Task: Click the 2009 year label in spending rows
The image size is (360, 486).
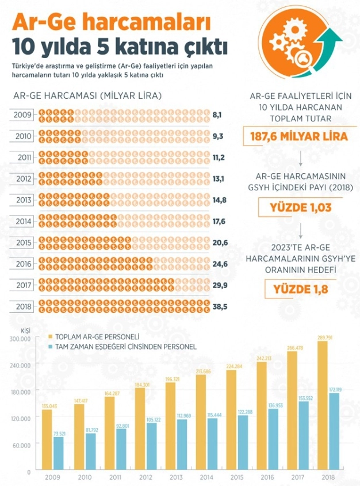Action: click(23, 115)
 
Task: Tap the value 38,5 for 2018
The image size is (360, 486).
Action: click(220, 307)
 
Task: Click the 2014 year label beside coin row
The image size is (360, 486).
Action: click(23, 221)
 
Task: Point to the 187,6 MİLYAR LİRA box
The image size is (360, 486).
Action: click(299, 137)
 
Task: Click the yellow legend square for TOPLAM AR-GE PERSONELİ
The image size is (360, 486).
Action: click(51, 336)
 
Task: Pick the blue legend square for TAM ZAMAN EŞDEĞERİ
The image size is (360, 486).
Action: click(51, 347)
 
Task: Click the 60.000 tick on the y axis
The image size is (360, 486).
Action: click(21, 444)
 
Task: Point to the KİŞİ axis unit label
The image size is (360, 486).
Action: click(24, 331)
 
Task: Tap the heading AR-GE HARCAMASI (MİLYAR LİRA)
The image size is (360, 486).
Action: click(87, 95)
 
